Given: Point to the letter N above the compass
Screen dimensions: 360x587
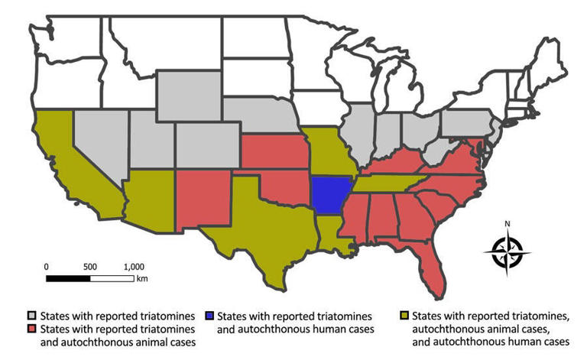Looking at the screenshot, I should tap(508, 224).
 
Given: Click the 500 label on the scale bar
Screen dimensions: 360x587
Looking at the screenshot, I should tap(90, 266).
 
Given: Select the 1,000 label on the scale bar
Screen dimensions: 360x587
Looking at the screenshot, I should tap(134, 266).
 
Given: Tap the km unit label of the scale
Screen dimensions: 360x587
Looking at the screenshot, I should tap(141, 279).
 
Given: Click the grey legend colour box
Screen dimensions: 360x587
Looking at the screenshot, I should tap(33, 315).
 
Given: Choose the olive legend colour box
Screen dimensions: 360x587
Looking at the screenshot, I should tap(405, 315).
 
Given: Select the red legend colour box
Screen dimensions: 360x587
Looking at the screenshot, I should tap(33, 329).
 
